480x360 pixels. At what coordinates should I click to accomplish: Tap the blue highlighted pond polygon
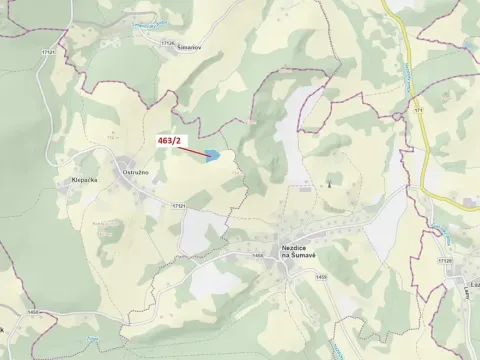click(x=212, y=155)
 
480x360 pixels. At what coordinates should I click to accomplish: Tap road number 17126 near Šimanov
click(x=170, y=43)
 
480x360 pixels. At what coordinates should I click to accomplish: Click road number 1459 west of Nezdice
click(x=259, y=255)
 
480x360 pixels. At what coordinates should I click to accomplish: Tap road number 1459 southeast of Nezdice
click(x=321, y=277)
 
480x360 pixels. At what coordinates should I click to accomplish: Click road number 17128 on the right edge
click(x=445, y=259)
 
